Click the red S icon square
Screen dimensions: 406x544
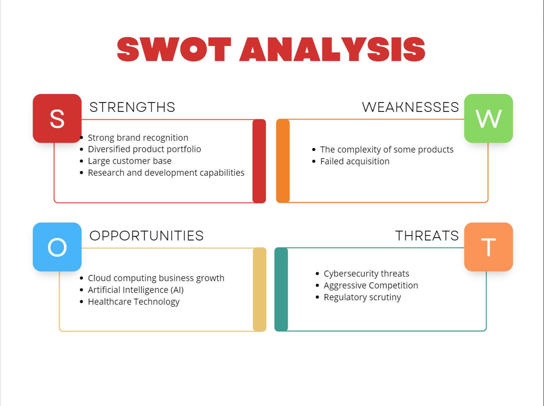pos(57,118)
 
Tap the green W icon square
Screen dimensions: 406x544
pos(488,118)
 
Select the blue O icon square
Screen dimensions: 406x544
pos(57,247)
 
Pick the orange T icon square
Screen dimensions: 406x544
pos(488,247)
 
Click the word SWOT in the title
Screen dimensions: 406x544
pos(174,50)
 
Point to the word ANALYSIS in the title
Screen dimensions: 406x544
pos(332,50)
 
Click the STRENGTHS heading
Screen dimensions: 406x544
pos(132,107)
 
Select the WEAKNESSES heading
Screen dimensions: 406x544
pos(410,107)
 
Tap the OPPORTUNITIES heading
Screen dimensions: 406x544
pos(147,236)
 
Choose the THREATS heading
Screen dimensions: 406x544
pos(427,236)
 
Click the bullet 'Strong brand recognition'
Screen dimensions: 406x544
pos(138,138)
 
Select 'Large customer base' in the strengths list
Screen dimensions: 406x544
pos(129,161)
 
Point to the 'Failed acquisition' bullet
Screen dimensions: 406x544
pos(355,161)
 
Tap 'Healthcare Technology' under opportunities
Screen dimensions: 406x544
pos(134,302)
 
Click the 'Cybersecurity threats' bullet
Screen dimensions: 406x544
pos(366,274)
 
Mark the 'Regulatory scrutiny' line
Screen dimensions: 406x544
pos(362,297)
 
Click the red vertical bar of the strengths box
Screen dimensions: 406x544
pos(259,161)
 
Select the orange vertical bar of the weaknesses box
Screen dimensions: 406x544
pos(283,161)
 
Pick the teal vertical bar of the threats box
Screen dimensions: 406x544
pos(281,289)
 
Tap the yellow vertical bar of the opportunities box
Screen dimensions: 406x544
pos(260,289)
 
